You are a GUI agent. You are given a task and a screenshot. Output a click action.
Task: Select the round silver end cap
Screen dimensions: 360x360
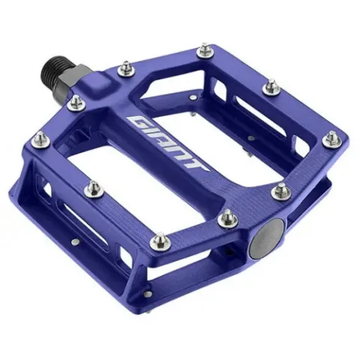click(x=267, y=233)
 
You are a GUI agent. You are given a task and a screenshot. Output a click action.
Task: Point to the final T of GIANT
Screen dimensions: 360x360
click(x=196, y=166)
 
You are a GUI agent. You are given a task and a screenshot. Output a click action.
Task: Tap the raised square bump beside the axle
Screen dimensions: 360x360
click(x=97, y=83)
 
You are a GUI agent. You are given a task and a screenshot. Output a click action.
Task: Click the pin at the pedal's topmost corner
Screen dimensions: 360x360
click(x=205, y=51)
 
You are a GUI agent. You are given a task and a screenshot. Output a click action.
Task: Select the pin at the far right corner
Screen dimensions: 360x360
click(x=331, y=139)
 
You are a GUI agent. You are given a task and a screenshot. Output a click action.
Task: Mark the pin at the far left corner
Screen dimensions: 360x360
click(x=40, y=140)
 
